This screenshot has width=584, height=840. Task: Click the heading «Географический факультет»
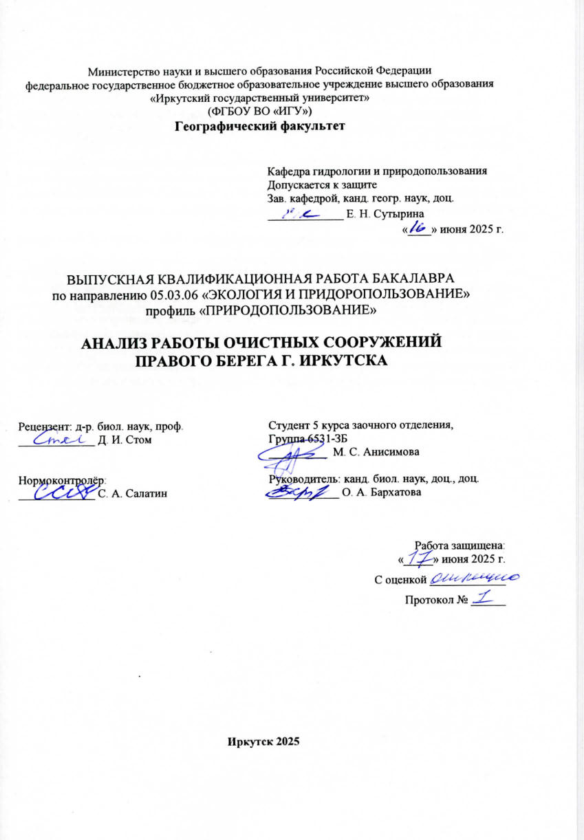[259, 125]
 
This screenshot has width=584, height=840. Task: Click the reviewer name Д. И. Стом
[127, 440]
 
